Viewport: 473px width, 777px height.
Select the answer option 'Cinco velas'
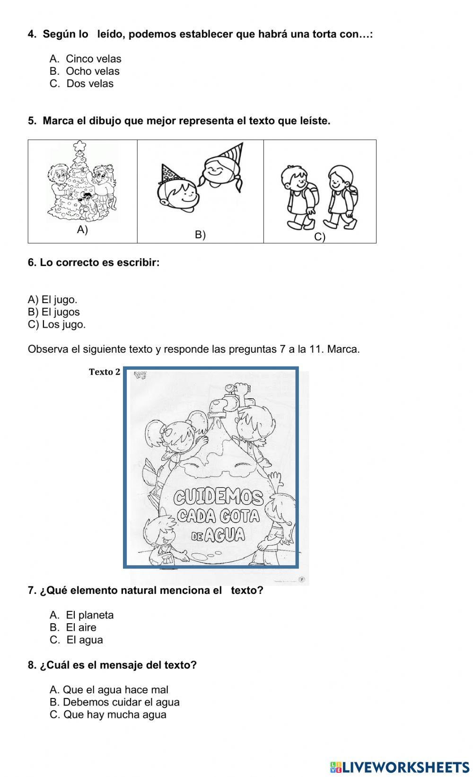93,59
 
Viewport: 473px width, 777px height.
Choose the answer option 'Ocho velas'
92,71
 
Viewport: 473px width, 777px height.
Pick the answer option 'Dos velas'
89,84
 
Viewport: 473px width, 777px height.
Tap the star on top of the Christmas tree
80,144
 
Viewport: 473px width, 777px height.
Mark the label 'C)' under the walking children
320,237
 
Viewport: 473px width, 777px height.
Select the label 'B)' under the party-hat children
200,235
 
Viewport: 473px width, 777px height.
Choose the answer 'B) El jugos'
54,312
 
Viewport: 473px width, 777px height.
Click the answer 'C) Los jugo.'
57,324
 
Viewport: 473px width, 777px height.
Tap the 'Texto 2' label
105,372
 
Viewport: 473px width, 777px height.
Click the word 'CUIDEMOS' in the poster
218,497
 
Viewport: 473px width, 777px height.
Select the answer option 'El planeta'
89,615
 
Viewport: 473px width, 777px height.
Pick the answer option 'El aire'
81,628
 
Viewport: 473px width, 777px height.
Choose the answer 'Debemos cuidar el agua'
121,702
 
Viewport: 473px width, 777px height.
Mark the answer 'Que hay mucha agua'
114,715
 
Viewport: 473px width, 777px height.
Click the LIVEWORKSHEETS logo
400,767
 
